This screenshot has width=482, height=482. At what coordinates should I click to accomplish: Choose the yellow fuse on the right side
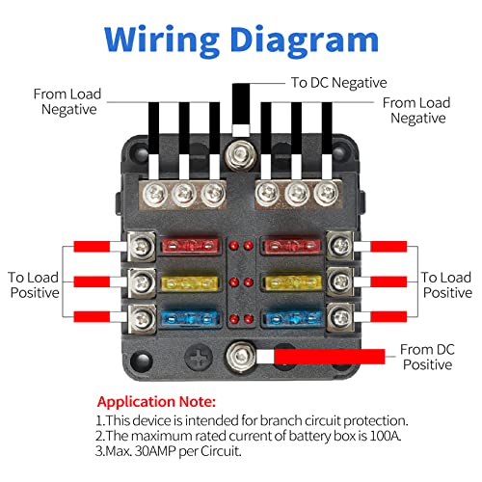coord(289,283)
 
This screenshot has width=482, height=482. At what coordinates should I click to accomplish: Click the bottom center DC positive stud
coord(237,359)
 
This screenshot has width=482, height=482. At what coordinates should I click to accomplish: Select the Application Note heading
coord(156,400)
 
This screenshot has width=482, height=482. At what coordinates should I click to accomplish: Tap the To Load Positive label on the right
coord(446,283)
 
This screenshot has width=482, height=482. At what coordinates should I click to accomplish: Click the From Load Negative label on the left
coord(65,101)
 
